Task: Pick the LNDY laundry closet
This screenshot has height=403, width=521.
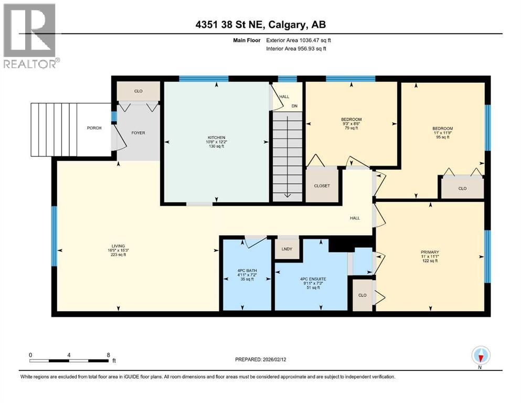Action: [287, 249]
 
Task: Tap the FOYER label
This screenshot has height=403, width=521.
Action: [137, 133]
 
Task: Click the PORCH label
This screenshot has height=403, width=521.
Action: [94, 128]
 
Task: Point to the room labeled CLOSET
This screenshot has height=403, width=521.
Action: [322, 185]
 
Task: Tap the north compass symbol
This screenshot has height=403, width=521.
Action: [481, 356]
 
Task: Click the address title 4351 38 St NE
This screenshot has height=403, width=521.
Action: [260, 25]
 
